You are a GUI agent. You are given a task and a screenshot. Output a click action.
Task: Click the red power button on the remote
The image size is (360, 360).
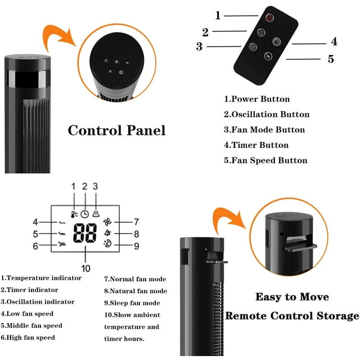pyautogui.click(x=269, y=18)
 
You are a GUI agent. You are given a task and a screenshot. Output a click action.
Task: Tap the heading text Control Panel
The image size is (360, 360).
pyautogui.click(x=116, y=130)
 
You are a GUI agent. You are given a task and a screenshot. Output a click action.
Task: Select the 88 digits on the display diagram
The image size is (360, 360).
pyautogui.click(x=84, y=234)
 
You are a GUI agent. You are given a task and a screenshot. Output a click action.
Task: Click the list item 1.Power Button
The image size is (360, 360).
pyautogui.click(x=257, y=99)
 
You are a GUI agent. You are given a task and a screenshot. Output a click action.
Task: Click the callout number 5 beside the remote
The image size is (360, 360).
pyautogui.click(x=331, y=58)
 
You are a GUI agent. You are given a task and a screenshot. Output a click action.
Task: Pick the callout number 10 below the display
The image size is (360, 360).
pyautogui.click(x=85, y=268)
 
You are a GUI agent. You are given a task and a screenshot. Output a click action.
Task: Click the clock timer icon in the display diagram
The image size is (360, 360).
pyautogui.click(x=84, y=214)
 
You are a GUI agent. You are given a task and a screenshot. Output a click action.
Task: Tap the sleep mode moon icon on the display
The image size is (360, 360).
pyautogui.click(x=107, y=245)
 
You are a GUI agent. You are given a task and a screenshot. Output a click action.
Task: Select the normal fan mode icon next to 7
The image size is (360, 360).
pyautogui.click(x=108, y=222)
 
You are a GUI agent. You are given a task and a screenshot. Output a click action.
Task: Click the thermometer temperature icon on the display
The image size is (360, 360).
pyautogui.click(x=74, y=214)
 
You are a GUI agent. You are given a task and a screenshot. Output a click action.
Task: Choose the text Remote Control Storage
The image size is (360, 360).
pyautogui.click(x=292, y=316)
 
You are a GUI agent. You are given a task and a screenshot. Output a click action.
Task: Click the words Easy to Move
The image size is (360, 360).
pyautogui.click(x=292, y=296)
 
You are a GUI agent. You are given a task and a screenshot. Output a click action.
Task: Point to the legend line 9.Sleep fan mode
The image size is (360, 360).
pyautogui.click(x=132, y=303)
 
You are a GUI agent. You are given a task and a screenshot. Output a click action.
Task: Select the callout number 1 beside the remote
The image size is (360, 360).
pyautogui.click(x=218, y=16)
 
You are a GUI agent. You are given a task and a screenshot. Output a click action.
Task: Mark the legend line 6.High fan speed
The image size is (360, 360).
pyautogui.click(x=28, y=337)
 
